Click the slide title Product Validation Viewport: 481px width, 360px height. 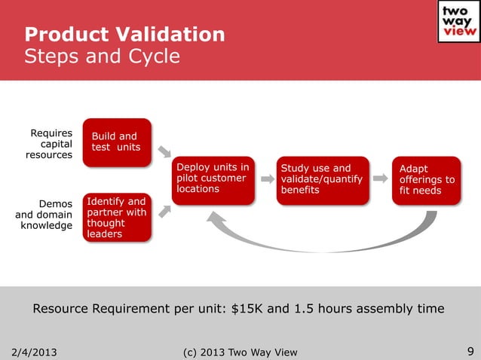tap(124, 35)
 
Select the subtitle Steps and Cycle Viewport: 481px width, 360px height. tap(102, 56)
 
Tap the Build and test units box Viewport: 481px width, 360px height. tap(117, 141)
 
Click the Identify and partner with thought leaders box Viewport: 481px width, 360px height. tap(117, 218)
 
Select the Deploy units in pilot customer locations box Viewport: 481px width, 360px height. tap(213, 179)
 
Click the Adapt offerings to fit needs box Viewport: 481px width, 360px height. tap(427, 180)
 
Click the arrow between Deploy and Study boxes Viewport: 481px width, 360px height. tap(267, 180)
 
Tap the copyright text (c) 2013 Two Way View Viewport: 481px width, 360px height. tap(240, 352)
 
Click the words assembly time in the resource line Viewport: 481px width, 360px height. tap(409, 309)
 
